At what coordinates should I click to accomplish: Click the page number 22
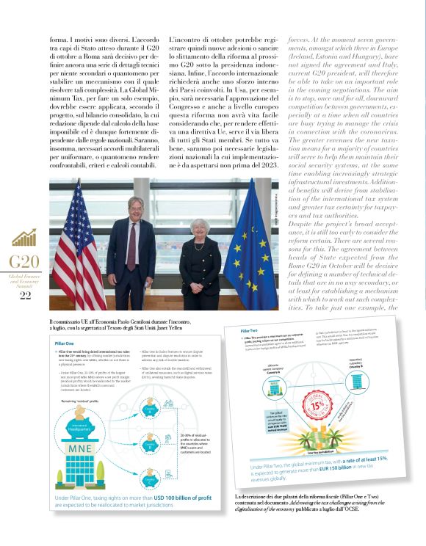pyautogui.click(x=25, y=296)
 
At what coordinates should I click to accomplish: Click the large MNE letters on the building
pyautogui.click(x=86, y=447)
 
